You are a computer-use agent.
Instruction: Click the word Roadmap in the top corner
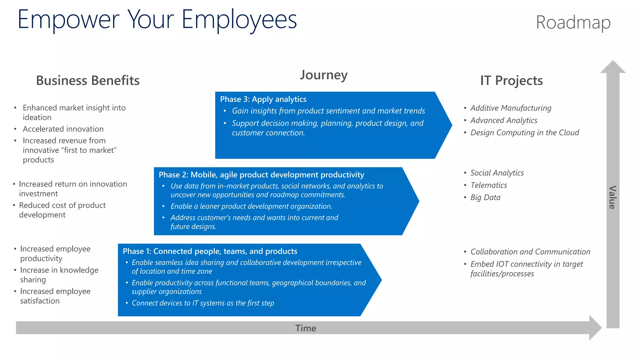pos(573,22)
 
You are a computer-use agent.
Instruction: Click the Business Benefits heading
pos(88,81)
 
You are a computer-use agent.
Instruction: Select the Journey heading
pos(323,75)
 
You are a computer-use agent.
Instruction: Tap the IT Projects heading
pos(511,81)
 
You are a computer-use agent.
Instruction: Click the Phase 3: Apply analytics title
pos(263,99)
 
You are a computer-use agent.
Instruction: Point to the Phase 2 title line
pos(261,175)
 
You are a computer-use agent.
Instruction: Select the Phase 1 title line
pos(210,251)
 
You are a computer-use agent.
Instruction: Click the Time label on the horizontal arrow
pos(306,328)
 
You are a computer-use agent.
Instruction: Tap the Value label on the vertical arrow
pos(612,197)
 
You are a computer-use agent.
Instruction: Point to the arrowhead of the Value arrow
pos(613,67)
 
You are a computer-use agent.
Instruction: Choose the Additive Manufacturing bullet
pos(511,108)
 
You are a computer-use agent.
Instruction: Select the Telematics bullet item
pos(489,185)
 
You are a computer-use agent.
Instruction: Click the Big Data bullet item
pos(485,197)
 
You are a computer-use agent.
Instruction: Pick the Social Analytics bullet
pos(497,173)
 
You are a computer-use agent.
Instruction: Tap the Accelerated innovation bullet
pos(63,129)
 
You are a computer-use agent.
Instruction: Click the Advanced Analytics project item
pos(504,120)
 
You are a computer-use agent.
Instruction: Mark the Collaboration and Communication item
pos(530,252)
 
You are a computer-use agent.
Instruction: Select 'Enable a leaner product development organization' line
pos(251,206)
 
